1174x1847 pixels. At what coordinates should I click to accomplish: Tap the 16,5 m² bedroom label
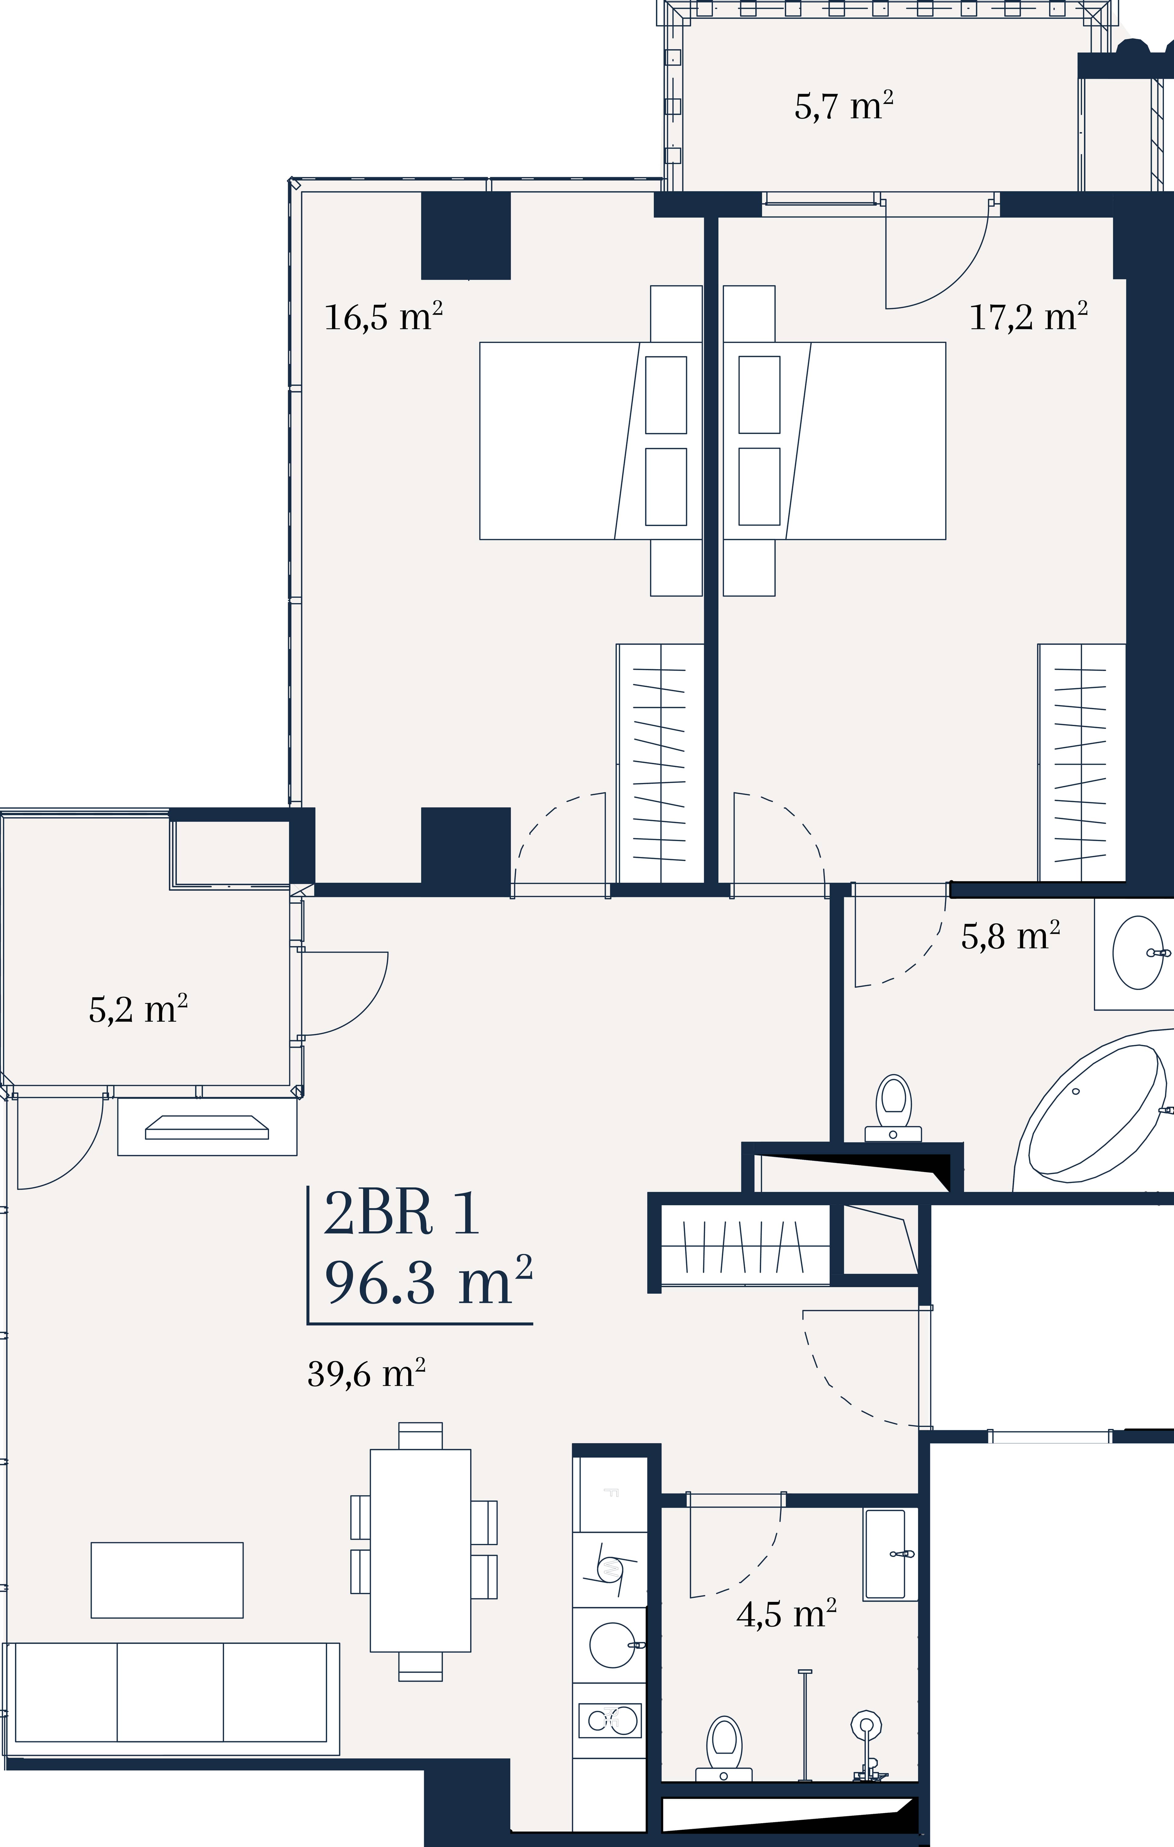click(383, 317)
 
